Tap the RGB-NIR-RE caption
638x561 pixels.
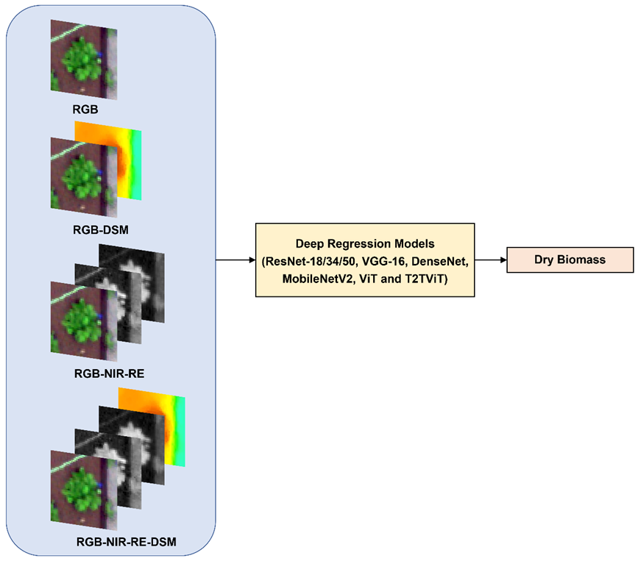(109, 372)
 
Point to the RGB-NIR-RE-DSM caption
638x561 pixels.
(127, 544)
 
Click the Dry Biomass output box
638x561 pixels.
(570, 260)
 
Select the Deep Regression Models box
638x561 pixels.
(365, 260)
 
